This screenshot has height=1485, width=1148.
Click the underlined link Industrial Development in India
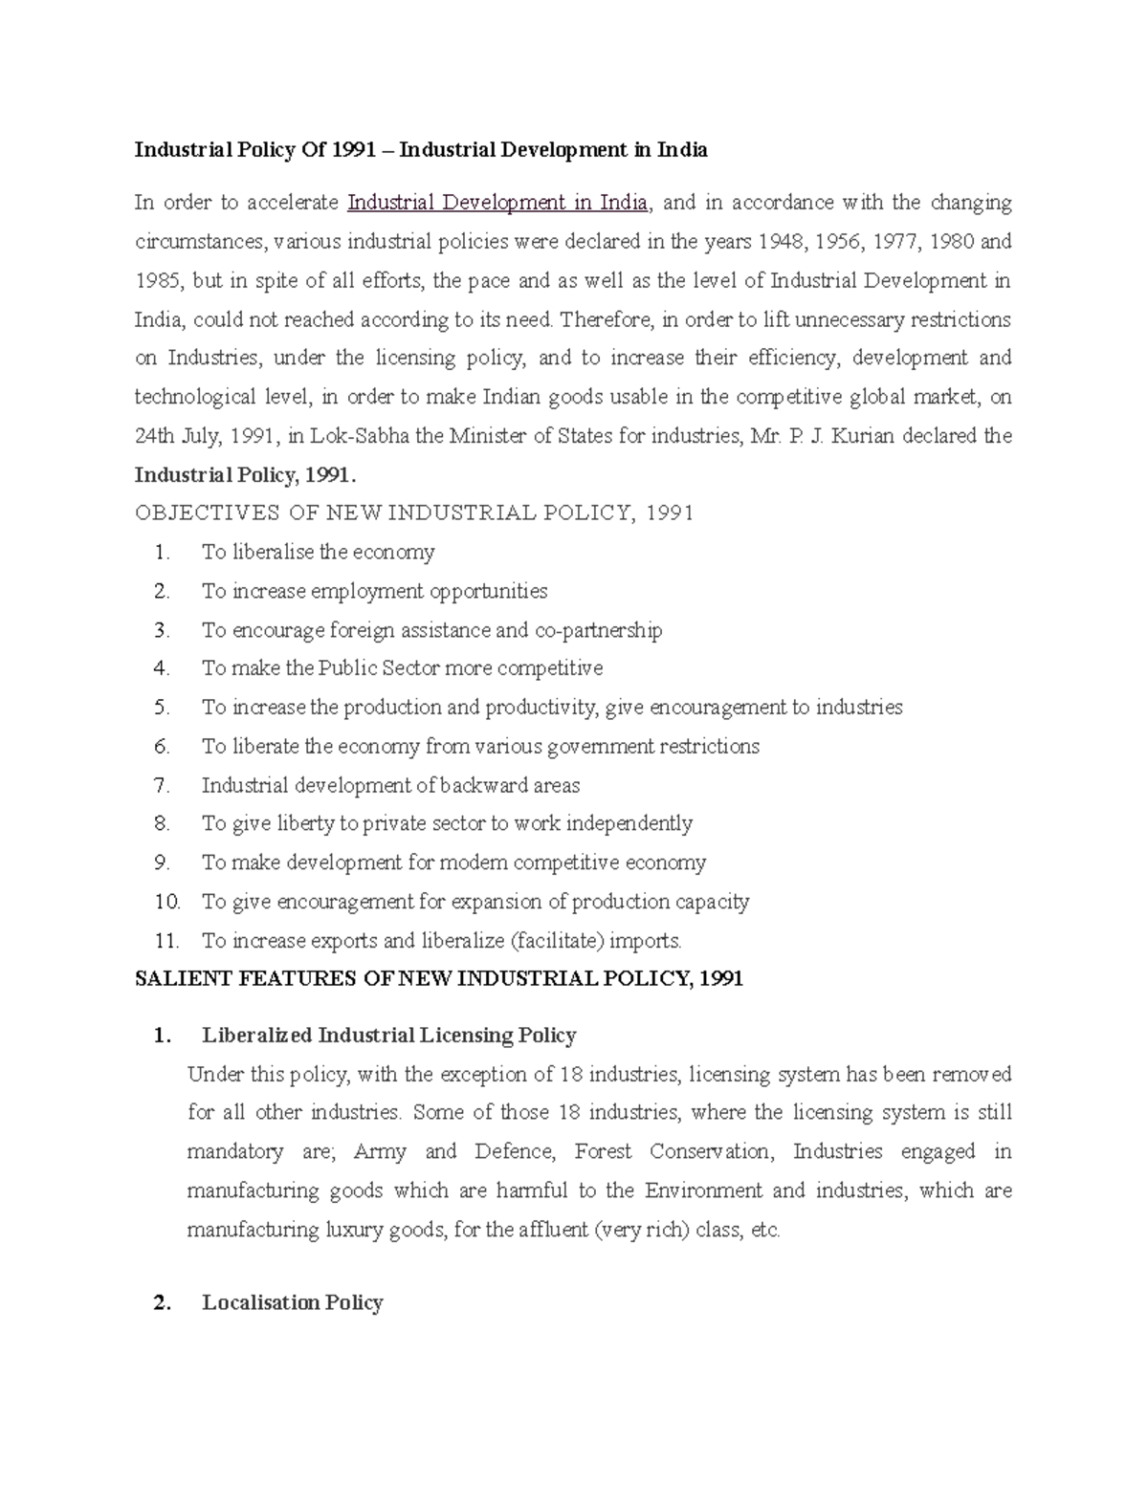[497, 203]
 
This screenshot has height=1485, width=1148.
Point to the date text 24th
[154, 437]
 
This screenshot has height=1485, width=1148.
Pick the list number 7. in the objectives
[162, 786]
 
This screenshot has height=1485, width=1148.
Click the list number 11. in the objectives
[166, 941]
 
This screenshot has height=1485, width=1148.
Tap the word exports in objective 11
[345, 941]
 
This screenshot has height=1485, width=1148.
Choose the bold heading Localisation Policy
[292, 1303]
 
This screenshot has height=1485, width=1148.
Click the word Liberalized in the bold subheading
[256, 1036]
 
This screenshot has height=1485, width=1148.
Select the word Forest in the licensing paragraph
[603, 1152]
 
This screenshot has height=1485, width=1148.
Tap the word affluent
[554, 1230]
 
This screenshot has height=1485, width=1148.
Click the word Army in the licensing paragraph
[380, 1152]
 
